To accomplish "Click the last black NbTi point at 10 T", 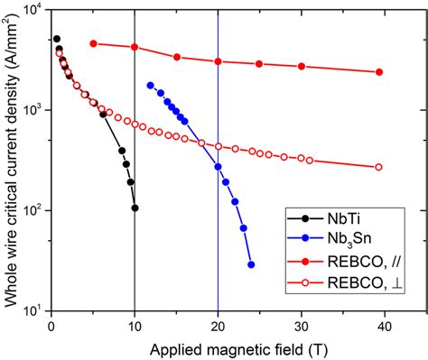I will click(135, 208).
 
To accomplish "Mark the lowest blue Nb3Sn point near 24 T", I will click(251, 264).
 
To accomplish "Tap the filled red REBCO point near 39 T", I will click(378, 72).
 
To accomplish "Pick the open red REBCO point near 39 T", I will click(378, 167).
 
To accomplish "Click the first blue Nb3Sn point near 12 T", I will click(151, 85).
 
